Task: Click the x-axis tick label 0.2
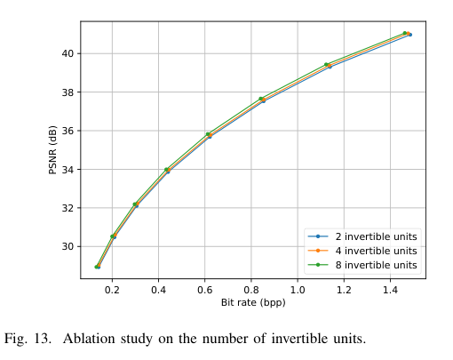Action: pyautogui.click(x=112, y=290)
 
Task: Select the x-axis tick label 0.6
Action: pyautogui.click(x=204, y=290)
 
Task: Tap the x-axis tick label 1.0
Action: pyautogui.click(x=298, y=290)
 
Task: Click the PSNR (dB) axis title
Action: pyautogui.click(x=52, y=149)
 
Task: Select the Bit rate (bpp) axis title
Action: pyautogui.click(x=252, y=302)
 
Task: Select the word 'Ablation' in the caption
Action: pyautogui.click(x=89, y=339)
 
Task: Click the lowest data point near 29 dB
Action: pyautogui.click(x=97, y=267)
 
